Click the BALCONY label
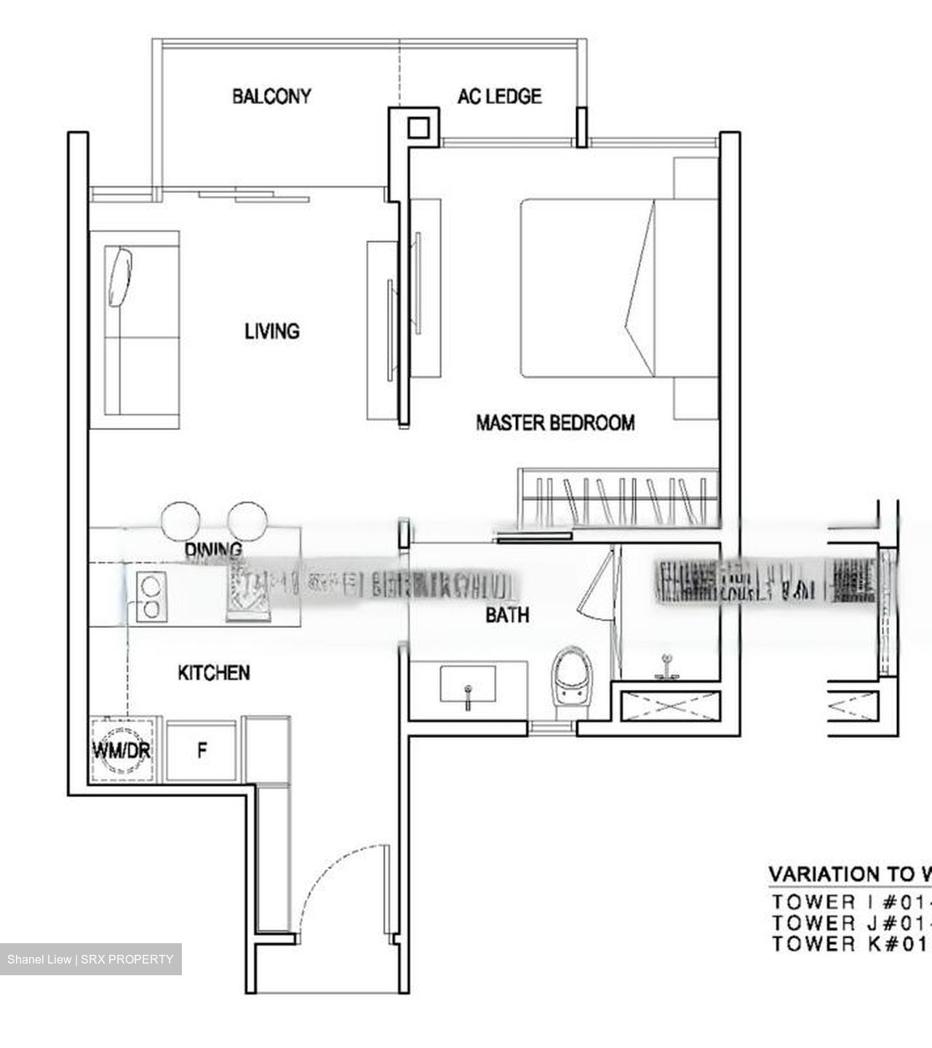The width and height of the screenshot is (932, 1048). [271, 96]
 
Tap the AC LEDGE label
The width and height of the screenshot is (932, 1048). [499, 96]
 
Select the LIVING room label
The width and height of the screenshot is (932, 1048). [272, 331]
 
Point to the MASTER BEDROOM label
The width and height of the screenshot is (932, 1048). [555, 422]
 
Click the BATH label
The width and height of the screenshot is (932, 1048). [507, 616]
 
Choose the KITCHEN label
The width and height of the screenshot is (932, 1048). [214, 672]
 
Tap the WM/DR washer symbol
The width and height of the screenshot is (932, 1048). [121, 750]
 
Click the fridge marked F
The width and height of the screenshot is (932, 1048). [202, 750]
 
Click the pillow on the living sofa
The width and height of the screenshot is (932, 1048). [122, 277]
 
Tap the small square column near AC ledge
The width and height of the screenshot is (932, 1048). [418, 128]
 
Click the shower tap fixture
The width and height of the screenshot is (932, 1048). [666, 668]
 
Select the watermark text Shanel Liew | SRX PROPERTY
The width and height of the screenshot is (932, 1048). [90, 959]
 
